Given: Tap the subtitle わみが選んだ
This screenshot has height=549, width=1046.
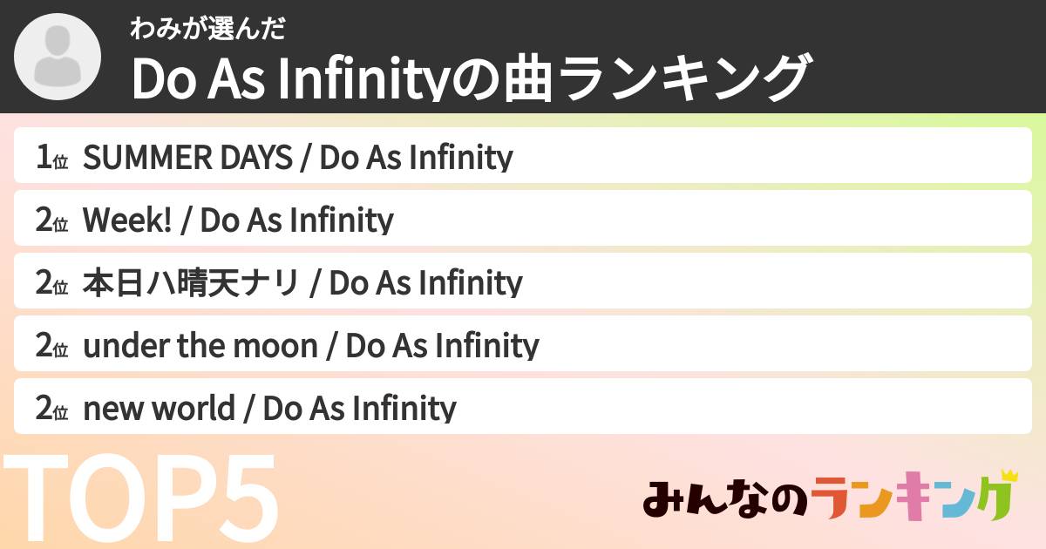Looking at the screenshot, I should (207, 29).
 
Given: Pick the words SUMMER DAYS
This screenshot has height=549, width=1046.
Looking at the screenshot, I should (187, 158).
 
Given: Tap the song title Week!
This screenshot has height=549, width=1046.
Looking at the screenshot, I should (128, 220).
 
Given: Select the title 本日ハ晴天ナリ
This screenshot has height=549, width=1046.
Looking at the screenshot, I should (191, 283).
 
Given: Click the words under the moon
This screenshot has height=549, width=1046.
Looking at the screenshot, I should (200, 346).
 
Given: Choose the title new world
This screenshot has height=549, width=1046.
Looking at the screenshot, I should (159, 409).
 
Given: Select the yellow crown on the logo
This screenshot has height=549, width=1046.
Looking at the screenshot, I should (1009, 477).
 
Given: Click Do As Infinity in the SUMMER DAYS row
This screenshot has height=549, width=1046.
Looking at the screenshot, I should (417, 158).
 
